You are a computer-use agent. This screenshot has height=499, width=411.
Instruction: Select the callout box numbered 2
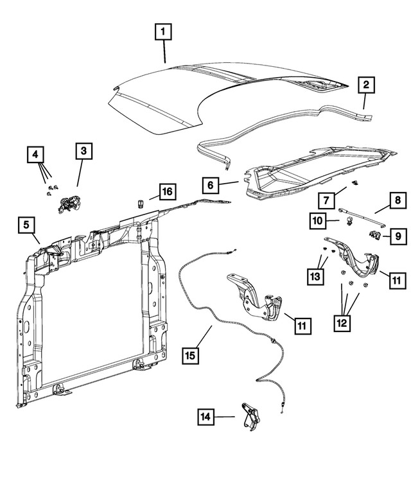[366, 85]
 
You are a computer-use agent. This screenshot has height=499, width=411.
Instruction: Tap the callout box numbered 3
[84, 152]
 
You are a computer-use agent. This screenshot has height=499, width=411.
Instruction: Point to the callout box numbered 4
[37, 154]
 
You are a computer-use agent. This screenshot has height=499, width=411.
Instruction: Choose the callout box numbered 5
[27, 225]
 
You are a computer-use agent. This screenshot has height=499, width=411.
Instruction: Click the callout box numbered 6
[210, 185]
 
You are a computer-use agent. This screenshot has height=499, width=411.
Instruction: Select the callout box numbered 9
[398, 236]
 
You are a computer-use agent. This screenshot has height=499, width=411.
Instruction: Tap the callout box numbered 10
[317, 220]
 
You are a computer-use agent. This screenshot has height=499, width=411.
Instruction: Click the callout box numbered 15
[191, 354]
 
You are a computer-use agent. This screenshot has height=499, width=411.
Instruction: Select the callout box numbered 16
[166, 191]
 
